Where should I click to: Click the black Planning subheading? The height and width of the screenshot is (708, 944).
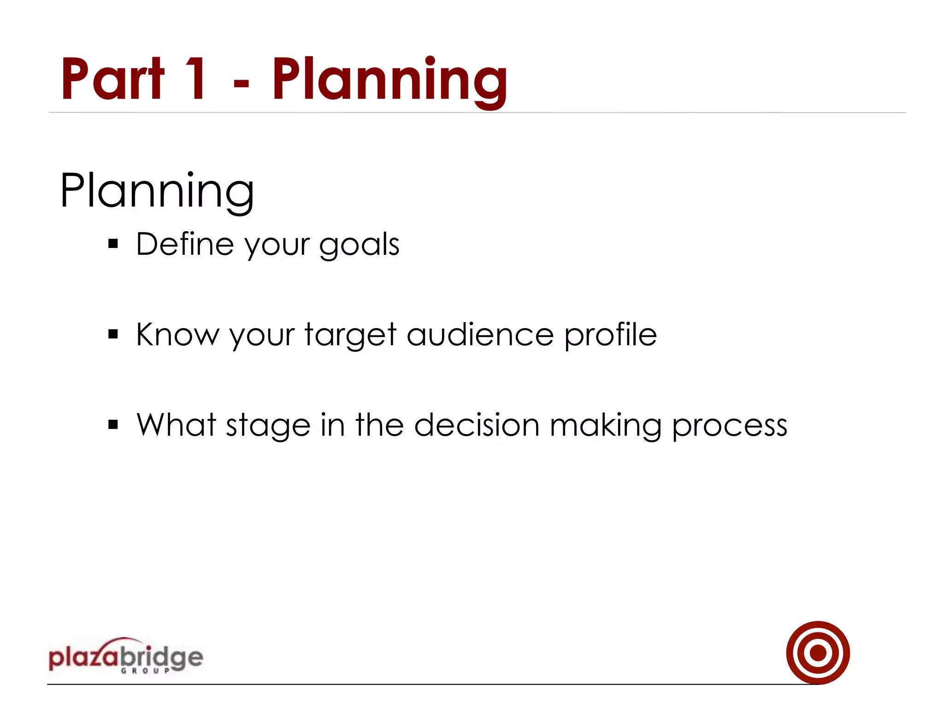(157, 190)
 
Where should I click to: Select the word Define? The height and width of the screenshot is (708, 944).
(185, 244)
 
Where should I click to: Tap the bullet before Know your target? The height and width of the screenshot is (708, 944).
(113, 334)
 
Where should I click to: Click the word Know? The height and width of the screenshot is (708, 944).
(177, 334)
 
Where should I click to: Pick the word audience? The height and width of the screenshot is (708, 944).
(480, 335)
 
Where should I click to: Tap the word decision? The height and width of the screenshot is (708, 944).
(477, 425)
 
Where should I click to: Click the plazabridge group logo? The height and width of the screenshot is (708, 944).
(125, 656)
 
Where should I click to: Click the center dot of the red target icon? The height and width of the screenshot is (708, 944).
(818, 653)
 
